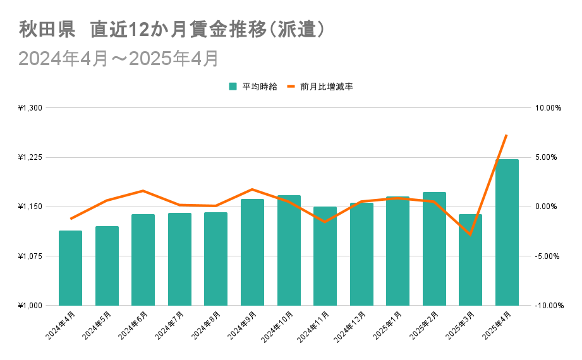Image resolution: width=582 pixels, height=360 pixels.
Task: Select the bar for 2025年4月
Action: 507,232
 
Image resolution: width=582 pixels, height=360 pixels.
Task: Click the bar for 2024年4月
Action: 70,268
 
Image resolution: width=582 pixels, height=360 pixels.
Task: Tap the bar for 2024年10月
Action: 289,250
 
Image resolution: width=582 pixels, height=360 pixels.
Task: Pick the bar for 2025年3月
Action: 470,260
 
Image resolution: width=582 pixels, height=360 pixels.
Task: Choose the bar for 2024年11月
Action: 325,256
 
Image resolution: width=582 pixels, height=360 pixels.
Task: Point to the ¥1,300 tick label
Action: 30,108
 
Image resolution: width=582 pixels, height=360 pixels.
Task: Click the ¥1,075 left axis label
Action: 30,256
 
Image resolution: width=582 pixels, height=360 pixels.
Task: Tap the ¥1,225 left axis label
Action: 30,157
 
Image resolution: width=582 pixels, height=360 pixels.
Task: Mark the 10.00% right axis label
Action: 548,108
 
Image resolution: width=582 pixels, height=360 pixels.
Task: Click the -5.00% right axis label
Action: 548,256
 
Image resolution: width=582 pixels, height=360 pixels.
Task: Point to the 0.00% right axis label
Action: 548,207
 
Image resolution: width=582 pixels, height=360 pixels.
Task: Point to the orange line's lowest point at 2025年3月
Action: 470,234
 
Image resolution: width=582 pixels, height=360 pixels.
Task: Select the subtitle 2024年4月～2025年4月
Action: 119,59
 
